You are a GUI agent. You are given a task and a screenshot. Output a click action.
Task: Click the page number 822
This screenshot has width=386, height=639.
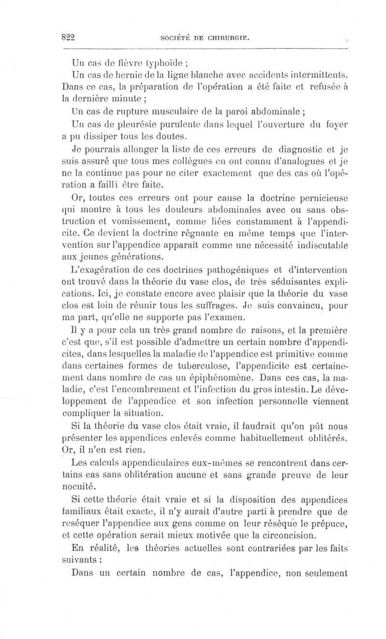coord(70,38)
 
